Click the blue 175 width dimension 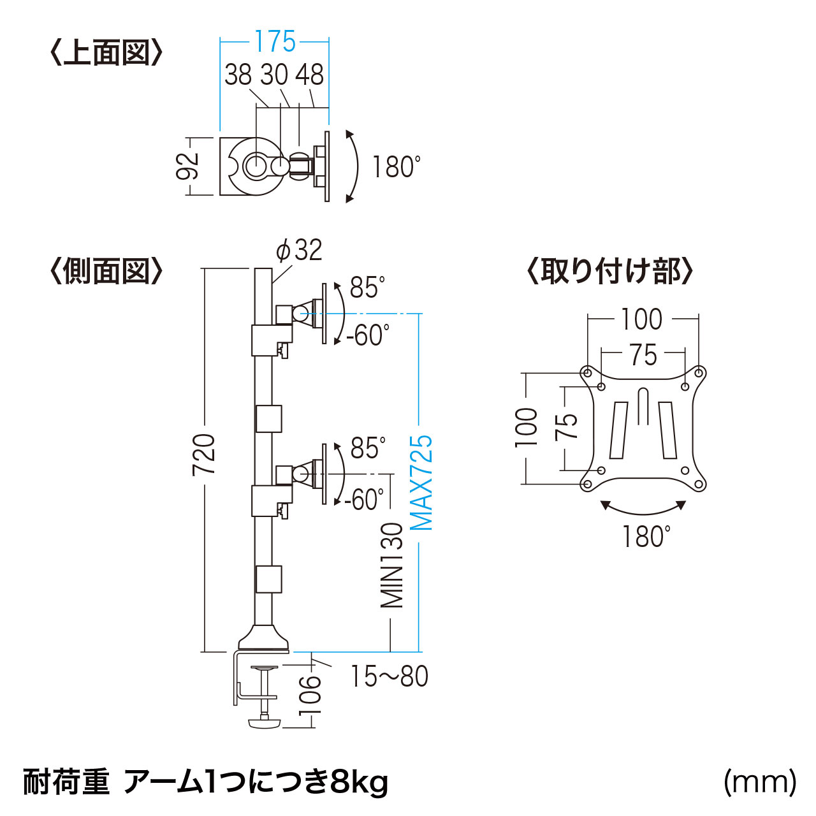pos(275,42)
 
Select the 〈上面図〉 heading pos(106,52)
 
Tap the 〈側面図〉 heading pos(106,272)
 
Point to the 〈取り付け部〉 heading pos(609,272)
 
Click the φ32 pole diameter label pos(299,250)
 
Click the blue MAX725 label pos(421,483)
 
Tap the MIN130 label pos(393,565)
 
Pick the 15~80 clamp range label pos(390,676)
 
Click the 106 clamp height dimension pos(311,696)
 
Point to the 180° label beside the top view pos(397,167)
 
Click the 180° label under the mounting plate pos(646,537)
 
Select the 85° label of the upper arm pos(367,288)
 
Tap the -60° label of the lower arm pos(365,500)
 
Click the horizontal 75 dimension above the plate pos(643,355)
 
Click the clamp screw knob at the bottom pos(264,723)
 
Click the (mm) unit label pos(760,781)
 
